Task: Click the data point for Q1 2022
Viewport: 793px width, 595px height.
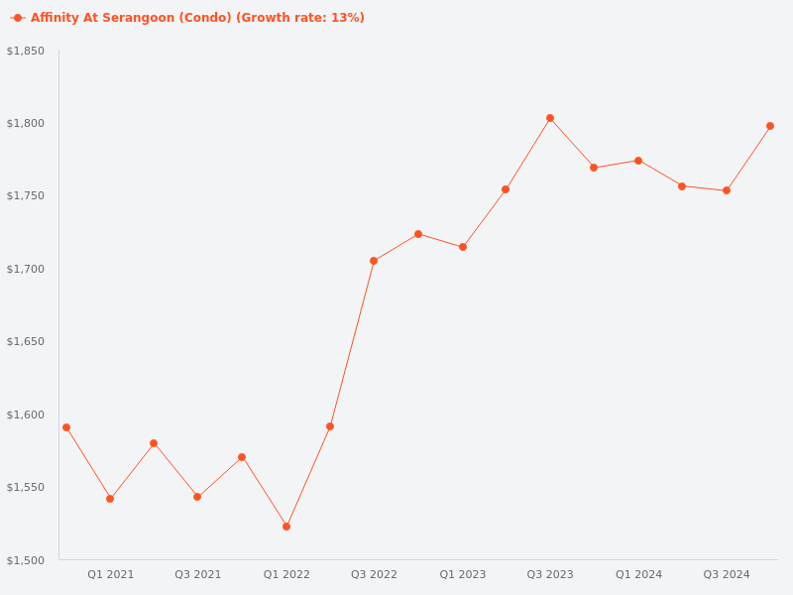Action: [286, 527]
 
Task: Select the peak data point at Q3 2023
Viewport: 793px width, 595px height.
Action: [550, 118]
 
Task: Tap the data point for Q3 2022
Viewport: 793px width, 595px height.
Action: [374, 261]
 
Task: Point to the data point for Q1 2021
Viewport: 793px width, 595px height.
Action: [110, 499]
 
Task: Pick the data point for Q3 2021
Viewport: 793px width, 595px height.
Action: [197, 497]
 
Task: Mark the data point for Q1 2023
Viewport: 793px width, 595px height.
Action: [463, 247]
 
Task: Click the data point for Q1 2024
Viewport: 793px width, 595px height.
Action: [638, 161]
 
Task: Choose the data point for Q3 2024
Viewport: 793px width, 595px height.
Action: [727, 190]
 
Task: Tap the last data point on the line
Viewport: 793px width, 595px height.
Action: [770, 126]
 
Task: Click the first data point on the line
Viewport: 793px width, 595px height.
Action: [66, 427]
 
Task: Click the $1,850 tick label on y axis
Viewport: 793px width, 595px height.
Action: [26, 51]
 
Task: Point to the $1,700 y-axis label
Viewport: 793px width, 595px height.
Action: [26, 269]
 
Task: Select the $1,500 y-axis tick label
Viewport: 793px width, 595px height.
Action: [26, 560]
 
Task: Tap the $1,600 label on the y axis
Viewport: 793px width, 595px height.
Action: [26, 415]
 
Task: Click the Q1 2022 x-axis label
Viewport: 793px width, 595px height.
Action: [286, 574]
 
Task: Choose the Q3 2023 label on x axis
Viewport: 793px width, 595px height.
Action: [550, 574]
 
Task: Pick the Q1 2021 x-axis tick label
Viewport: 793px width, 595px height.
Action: [110, 574]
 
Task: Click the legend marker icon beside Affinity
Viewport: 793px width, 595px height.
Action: [18, 18]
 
